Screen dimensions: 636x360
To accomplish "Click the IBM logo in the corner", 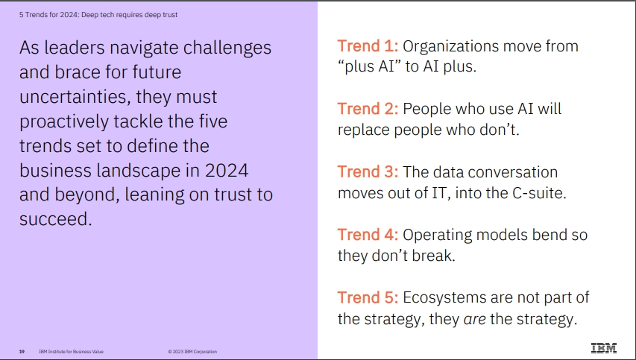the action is click(x=603, y=348).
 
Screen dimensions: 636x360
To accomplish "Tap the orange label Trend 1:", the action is click(x=368, y=45).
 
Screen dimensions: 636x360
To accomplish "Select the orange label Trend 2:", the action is click(x=368, y=109).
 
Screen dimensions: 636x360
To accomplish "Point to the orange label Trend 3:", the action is click(x=368, y=171).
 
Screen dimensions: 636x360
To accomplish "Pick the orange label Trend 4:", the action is click(x=368, y=234).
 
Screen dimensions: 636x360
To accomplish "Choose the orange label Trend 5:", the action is click(x=368, y=297).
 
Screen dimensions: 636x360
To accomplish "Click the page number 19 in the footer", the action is click(x=22, y=352).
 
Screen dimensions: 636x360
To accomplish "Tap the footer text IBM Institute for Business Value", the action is click(x=71, y=352).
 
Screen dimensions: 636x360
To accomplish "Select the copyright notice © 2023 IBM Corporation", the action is click(x=192, y=352).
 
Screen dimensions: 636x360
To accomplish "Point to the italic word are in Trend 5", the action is click(x=474, y=319).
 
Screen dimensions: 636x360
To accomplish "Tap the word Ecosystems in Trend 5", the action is click(x=444, y=298).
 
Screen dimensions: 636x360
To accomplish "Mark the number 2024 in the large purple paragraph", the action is click(x=227, y=170).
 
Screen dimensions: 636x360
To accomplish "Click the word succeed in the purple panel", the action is click(x=56, y=219).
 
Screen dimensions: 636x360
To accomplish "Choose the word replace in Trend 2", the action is click(x=363, y=130).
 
